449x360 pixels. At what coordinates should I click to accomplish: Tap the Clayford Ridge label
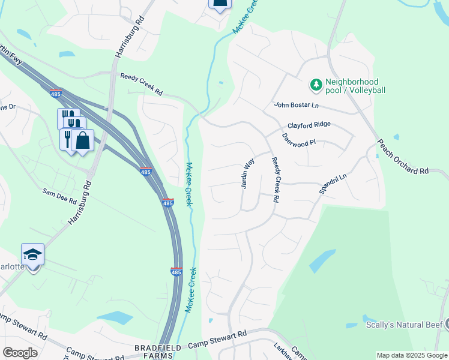point(309,125)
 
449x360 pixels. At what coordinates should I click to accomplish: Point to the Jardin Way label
point(248,173)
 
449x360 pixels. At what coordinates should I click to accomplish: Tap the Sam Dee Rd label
point(59,194)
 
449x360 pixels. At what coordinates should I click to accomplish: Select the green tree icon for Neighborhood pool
point(316,86)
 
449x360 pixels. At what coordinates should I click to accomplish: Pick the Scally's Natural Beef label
point(403,325)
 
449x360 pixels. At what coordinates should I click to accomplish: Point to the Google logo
point(20,353)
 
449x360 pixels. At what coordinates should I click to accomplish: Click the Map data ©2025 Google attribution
point(412,355)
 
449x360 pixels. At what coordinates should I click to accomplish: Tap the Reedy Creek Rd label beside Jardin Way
point(276,179)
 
